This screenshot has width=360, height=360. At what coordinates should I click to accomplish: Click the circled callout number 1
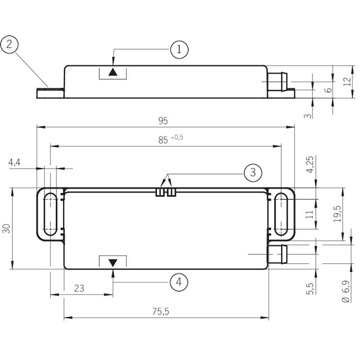pyautogui.click(x=179, y=49)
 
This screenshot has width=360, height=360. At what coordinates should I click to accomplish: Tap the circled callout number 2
pyautogui.click(x=9, y=44)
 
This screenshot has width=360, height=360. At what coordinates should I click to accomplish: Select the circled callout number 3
pyautogui.click(x=253, y=172)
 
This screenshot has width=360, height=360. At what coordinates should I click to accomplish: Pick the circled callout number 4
pyautogui.click(x=179, y=282)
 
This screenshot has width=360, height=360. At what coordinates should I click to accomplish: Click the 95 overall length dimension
pyautogui.click(x=163, y=121)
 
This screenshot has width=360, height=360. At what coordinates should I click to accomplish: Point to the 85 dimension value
pyautogui.click(x=163, y=140)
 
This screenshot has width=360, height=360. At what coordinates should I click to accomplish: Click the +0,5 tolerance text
pyautogui.click(x=177, y=138)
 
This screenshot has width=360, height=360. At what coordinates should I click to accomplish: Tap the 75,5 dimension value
pyautogui.click(x=161, y=311)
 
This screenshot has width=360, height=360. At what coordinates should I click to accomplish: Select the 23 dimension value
pyautogui.click(x=79, y=288)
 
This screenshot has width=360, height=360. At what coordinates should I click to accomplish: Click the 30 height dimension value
pyautogui.click(x=6, y=229)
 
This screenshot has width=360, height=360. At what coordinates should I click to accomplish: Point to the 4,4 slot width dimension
pyautogui.click(x=14, y=162)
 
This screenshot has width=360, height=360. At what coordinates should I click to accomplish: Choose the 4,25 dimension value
pyautogui.click(x=310, y=164)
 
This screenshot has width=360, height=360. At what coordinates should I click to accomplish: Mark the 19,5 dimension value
pyautogui.click(x=337, y=214)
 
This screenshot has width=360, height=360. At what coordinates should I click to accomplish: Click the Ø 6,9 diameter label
pyautogui.click(x=346, y=291)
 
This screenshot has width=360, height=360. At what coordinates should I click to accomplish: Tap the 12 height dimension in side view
pyautogui.click(x=347, y=82)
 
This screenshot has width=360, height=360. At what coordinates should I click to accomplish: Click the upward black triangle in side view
pyautogui.click(x=113, y=72)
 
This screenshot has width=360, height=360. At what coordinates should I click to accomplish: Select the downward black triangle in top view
pyautogui.click(x=113, y=263)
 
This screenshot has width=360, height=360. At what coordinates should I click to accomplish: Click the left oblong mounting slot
pyautogui.click(x=50, y=215)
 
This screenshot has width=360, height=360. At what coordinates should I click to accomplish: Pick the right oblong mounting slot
pyautogui.click(x=281, y=215)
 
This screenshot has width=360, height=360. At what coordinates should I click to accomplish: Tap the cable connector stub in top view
pyautogui.click(x=278, y=254)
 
